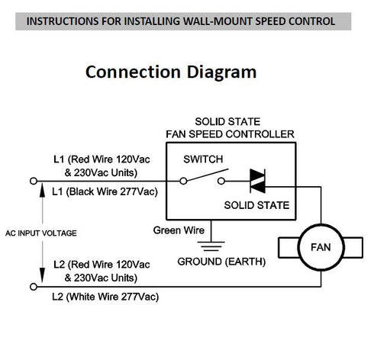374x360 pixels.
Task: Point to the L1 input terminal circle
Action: [33, 182]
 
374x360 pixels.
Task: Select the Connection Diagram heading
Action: [170, 72]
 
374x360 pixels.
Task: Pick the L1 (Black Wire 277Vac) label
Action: [97, 191]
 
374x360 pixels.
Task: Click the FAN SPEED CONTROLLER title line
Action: [230, 134]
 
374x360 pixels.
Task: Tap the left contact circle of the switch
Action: [184, 182]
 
